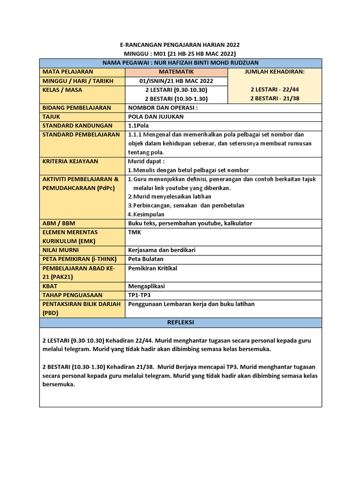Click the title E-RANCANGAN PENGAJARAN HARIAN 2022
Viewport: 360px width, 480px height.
coord(180,45)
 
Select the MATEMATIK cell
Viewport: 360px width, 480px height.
coord(176,72)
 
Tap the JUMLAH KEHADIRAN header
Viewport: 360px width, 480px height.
coord(275,72)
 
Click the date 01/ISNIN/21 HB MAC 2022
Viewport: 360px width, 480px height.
coord(176,81)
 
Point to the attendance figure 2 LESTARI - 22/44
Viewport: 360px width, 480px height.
coord(275,90)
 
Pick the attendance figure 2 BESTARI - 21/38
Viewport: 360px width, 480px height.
coord(275,98)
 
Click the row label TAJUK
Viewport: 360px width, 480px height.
coord(52,117)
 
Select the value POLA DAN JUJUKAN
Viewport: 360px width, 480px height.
coord(156,117)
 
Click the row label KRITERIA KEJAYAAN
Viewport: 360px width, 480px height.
coord(70,161)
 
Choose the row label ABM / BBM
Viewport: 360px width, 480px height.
coord(59,224)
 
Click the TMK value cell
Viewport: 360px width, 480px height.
coord(134,232)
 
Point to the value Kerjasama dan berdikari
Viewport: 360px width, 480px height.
coord(162,250)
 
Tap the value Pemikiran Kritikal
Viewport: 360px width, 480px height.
coord(152,268)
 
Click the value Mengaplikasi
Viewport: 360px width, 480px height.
coord(146,286)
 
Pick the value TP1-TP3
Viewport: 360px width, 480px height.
coord(140,295)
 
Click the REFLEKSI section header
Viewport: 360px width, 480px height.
coord(180,322)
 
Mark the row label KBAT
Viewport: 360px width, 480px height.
coord(51,286)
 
